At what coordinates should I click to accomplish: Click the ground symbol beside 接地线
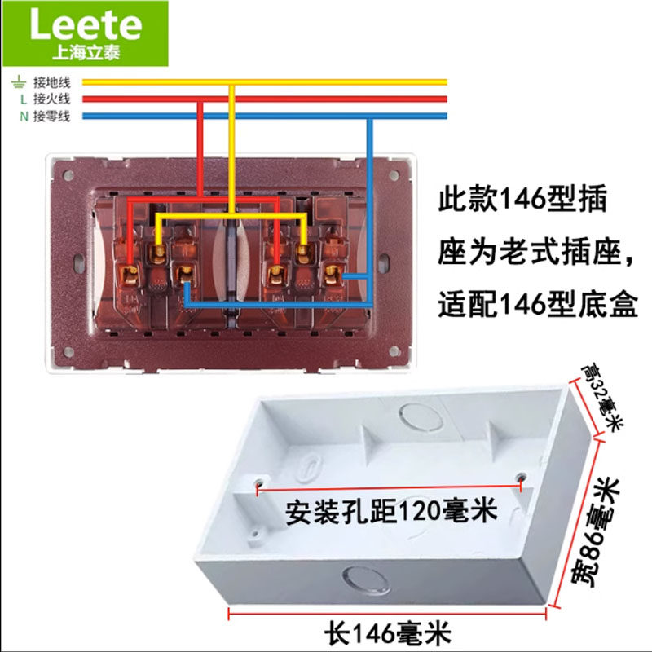(18, 81)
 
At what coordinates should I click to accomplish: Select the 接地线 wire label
(52, 81)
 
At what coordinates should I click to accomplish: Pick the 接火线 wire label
(52, 99)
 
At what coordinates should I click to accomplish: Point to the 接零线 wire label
(52, 116)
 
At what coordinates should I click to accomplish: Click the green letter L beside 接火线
(24, 99)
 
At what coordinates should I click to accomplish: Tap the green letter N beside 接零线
(24, 116)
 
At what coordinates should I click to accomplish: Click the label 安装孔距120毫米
(390, 511)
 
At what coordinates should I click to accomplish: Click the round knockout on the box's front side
(364, 579)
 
